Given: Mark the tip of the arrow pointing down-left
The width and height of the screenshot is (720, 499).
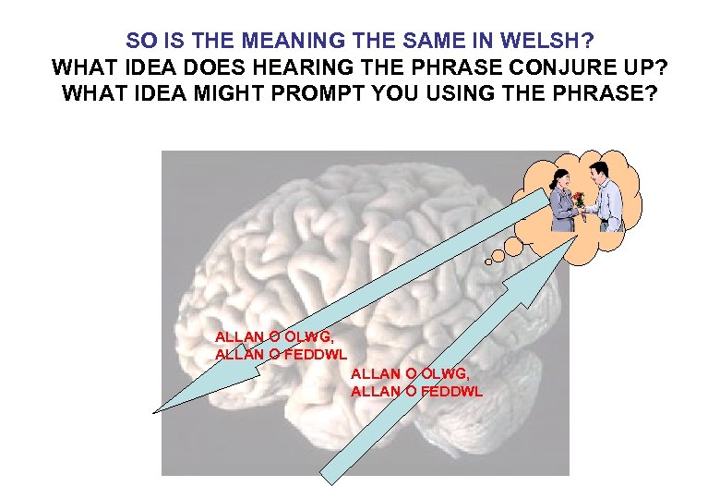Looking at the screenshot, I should [x=156, y=411].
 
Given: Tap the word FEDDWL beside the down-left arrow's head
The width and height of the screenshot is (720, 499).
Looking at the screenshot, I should [x=316, y=354].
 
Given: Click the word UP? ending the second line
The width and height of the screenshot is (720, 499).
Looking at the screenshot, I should [x=641, y=67].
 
